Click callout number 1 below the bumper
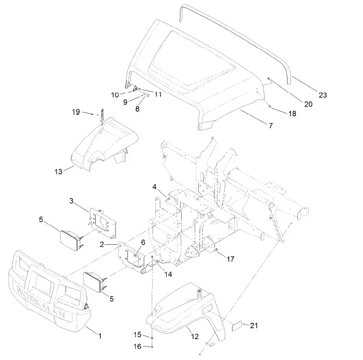100,336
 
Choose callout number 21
253,325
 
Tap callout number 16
138,346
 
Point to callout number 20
308,104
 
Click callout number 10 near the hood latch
115,94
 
